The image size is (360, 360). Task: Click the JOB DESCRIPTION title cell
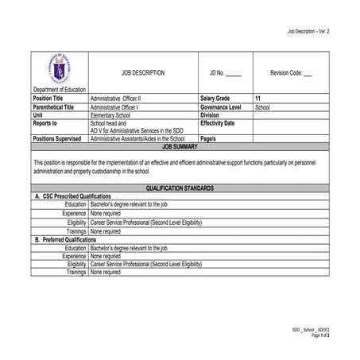tap(143, 72)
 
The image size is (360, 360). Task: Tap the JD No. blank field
tap(233, 73)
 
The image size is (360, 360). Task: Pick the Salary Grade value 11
tap(258, 98)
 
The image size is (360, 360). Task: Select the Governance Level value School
tap(263, 106)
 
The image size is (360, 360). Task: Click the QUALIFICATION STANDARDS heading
tap(180, 188)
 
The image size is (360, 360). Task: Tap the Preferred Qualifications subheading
tap(66, 239)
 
